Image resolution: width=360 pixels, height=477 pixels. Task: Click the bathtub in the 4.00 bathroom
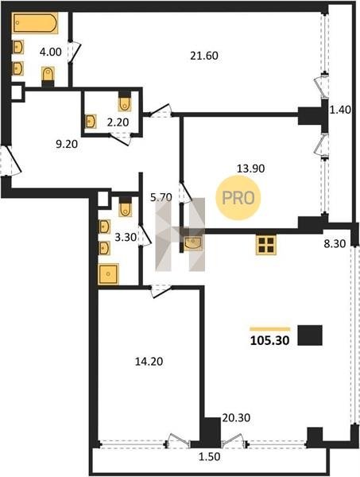tap(35, 22)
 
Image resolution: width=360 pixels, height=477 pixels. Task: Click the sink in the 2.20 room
tap(91, 122)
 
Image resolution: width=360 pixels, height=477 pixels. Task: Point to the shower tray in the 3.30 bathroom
tap(108, 274)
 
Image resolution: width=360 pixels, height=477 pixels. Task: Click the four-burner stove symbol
tap(266, 245)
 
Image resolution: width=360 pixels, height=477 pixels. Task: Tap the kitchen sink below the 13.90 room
tap(193, 243)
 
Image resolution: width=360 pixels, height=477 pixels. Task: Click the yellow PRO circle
tap(238, 198)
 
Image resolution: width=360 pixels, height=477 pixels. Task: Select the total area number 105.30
tap(269, 341)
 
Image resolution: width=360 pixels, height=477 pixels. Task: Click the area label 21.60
tap(204, 56)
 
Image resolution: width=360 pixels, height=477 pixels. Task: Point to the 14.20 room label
tap(149, 362)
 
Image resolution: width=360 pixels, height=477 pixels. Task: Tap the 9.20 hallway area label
tap(67, 144)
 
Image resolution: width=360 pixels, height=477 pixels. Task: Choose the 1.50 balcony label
tap(209, 456)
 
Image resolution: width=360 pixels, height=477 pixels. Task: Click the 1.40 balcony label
tap(341, 109)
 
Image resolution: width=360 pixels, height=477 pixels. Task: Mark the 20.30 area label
tap(236, 417)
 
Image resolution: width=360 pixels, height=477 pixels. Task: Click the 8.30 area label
tap(335, 244)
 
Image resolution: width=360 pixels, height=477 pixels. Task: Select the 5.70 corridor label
tap(161, 197)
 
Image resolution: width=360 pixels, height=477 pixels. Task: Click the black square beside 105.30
tap(310, 335)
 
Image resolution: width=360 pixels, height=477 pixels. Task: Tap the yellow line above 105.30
tap(270, 329)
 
